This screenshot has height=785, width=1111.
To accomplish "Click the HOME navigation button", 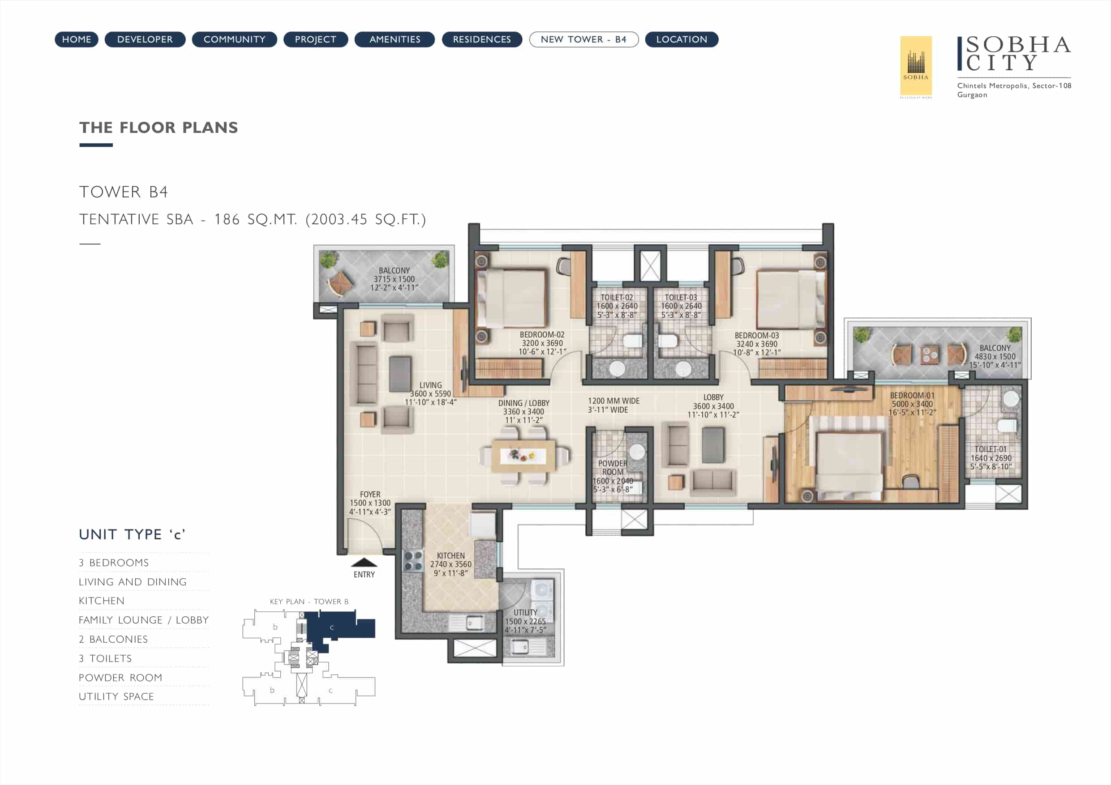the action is (x=77, y=39).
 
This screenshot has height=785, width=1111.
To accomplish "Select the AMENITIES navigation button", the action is (x=395, y=39).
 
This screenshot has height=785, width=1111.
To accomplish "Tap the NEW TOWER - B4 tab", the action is (x=583, y=39).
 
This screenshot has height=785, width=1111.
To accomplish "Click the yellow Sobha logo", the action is (x=915, y=66).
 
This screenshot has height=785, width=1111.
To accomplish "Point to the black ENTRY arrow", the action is (x=364, y=562).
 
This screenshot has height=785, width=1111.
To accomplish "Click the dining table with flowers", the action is (x=523, y=456).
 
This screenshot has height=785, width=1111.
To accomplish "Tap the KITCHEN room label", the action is (x=450, y=556).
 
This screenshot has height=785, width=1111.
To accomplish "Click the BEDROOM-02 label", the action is (x=542, y=335).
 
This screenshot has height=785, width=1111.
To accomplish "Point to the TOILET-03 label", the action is (x=681, y=298).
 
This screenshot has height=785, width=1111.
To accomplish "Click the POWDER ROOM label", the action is (x=613, y=468).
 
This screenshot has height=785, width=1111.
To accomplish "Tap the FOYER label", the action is (x=370, y=494).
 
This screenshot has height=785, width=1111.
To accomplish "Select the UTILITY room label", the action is (x=526, y=612).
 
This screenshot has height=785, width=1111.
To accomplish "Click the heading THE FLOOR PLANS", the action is (x=159, y=127).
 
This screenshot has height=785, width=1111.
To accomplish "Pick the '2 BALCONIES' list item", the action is (x=113, y=639).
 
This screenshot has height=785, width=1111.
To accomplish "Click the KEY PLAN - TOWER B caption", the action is (x=309, y=602).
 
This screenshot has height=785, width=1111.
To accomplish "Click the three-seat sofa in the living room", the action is (x=366, y=373).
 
